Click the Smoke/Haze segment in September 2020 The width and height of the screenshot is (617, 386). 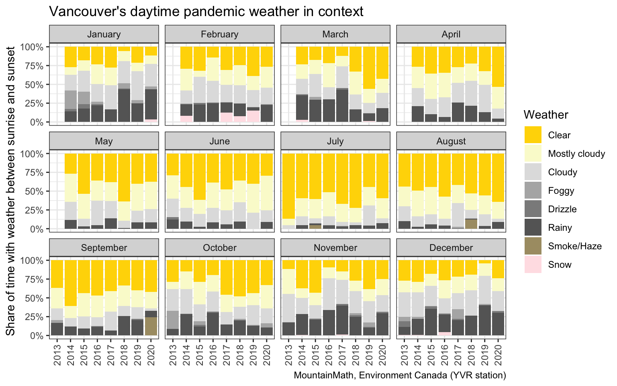[151, 326]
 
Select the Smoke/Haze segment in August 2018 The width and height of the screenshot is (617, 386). [471, 224]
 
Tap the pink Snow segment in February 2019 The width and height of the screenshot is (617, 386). [253, 116]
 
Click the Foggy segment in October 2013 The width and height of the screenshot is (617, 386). [173, 320]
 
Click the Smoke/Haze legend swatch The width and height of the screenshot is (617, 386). [533, 246]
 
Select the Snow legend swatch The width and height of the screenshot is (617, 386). [533, 265]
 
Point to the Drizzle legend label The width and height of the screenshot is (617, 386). [562, 209]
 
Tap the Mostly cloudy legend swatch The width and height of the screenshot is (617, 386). [533, 154]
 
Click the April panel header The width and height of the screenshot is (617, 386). [451, 34]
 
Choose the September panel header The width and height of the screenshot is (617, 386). [104, 248]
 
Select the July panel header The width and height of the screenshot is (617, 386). [335, 141]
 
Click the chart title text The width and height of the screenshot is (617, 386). [206, 11]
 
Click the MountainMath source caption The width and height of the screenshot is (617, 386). [400, 376]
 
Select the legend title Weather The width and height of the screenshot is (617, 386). [546, 115]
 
